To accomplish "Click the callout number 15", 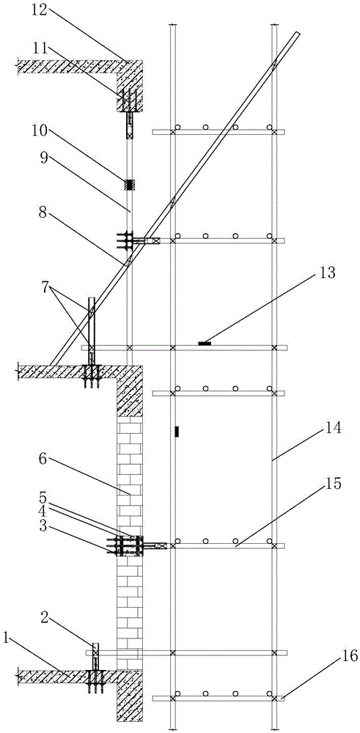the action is [x=335, y=483].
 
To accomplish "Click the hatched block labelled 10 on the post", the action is [x=128, y=185].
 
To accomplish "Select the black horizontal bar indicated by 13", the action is [x=205, y=343].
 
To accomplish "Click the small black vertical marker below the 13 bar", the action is [x=177, y=432].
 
